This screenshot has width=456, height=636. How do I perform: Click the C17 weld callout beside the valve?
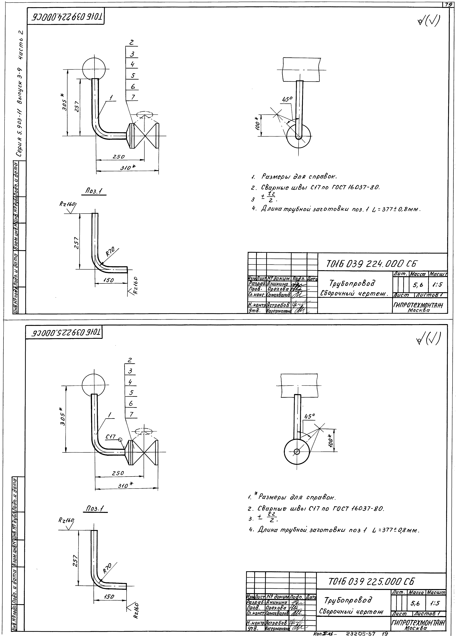pos(111,437)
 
